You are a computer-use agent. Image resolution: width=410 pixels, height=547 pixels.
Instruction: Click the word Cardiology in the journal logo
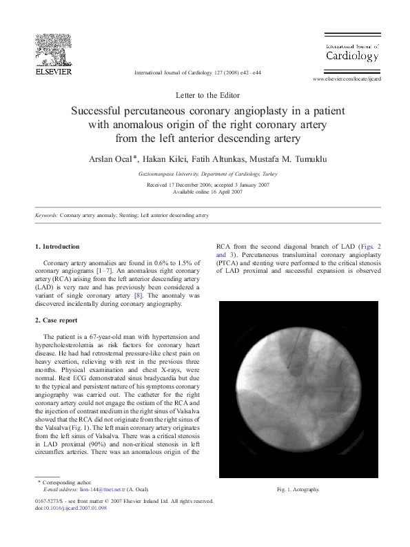tap(351, 55)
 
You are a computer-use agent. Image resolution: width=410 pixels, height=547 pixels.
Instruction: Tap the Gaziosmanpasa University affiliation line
tap(204, 174)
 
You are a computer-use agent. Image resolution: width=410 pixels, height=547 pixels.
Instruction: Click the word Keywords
tap(46, 216)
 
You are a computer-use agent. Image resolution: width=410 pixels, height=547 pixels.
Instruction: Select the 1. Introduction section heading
tap(57, 246)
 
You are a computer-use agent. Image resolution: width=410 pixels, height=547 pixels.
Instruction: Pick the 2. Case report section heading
tap(57, 320)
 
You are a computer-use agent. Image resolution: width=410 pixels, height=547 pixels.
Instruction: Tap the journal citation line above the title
tap(197, 72)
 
